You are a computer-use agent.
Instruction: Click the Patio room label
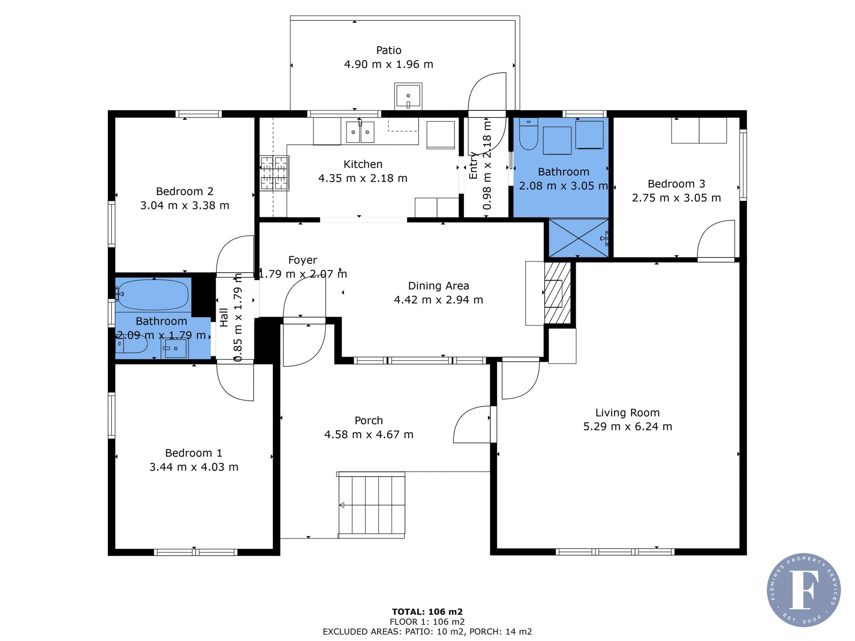tap(389, 50)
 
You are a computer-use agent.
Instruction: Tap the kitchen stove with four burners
tap(274, 173)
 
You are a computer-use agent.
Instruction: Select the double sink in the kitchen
tap(360, 132)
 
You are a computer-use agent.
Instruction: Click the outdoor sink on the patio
tap(408, 96)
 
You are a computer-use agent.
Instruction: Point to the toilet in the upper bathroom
tap(529, 134)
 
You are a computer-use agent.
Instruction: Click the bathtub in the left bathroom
tap(153, 294)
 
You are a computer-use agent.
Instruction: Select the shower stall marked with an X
tap(578, 238)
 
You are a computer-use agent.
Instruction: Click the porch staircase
tap(371, 505)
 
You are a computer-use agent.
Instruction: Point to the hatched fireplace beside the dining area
tap(557, 293)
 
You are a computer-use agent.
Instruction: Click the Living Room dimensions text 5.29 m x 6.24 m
tap(627, 427)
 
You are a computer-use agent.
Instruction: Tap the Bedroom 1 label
tap(194, 453)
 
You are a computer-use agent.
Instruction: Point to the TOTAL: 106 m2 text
tap(427, 612)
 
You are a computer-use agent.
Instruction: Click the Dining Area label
tap(439, 286)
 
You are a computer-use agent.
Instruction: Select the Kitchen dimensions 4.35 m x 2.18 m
tap(362, 179)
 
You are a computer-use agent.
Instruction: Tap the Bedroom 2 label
tap(185, 192)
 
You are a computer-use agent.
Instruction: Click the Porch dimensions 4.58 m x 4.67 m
tap(369, 435)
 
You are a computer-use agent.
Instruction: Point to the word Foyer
tap(303, 260)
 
